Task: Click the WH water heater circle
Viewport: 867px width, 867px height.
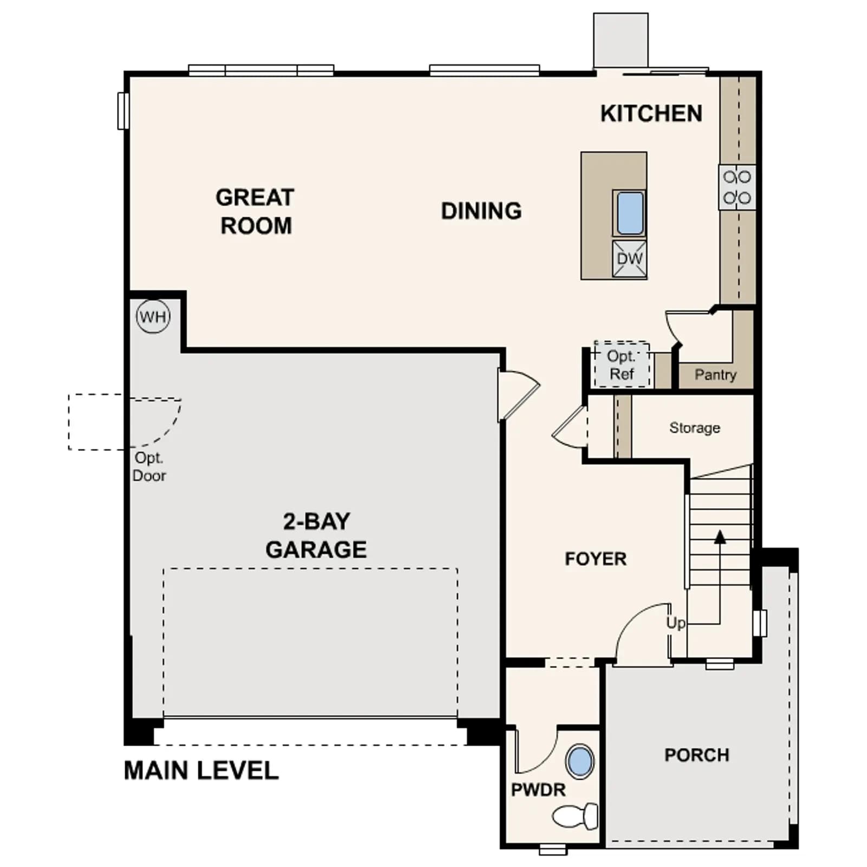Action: [153, 316]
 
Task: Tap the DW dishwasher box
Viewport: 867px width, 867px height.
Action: [630, 258]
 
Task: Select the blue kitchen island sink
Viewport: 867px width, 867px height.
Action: [630, 213]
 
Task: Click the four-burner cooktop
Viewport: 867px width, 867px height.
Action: [737, 187]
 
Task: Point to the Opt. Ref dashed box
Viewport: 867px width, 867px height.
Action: [622, 364]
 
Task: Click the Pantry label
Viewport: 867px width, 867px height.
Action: [715, 374]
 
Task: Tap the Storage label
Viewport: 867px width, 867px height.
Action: [695, 428]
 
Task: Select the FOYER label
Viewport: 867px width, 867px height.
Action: [596, 559]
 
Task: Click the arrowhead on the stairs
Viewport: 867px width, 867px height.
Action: [720, 537]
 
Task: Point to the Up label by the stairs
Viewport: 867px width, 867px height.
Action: [676, 623]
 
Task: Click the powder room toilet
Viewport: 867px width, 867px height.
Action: [575, 817]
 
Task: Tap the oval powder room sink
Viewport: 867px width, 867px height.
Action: [580, 761]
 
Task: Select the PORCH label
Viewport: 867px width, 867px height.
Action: [697, 755]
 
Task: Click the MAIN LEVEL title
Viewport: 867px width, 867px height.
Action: [201, 771]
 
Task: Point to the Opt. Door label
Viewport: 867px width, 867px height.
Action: [149, 467]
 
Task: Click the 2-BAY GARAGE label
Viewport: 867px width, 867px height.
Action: [316, 535]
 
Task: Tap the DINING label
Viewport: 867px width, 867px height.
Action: [481, 211]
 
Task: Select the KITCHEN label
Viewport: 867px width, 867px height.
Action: [651, 113]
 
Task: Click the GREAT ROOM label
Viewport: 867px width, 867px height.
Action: [255, 211]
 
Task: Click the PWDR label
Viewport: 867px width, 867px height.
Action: [538, 790]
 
